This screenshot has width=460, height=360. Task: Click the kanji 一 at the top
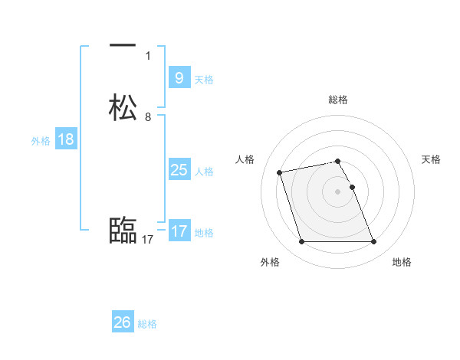pyautogui.click(x=123, y=45)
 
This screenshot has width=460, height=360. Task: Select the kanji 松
pyautogui.click(x=123, y=107)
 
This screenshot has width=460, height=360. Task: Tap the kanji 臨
pyautogui.click(x=123, y=230)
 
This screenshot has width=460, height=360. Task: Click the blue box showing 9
pyautogui.click(x=179, y=77)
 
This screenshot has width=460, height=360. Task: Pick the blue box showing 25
pyautogui.click(x=179, y=170)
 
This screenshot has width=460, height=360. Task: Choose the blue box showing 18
pyautogui.click(x=65, y=139)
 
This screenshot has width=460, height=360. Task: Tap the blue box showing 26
pyautogui.click(x=123, y=322)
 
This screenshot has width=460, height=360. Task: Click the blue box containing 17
pyautogui.click(x=179, y=231)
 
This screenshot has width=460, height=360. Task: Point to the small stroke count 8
pyautogui.click(x=148, y=117)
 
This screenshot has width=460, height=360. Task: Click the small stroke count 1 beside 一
pyautogui.click(x=148, y=55)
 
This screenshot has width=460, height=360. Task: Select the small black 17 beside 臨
pyautogui.click(x=148, y=240)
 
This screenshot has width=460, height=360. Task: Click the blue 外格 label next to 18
pyautogui.click(x=41, y=141)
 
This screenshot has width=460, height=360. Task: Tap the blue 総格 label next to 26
pyautogui.click(x=147, y=324)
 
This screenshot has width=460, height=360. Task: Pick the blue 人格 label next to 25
pyautogui.click(x=204, y=172)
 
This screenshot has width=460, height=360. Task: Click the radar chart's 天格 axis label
pyautogui.click(x=431, y=159)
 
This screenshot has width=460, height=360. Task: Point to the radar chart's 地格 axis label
pyautogui.click(x=402, y=262)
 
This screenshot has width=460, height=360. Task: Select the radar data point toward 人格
pyautogui.click(x=280, y=172)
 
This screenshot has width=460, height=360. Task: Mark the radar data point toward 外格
pyautogui.click(x=301, y=242)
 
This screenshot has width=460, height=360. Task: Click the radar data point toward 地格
pyautogui.click(x=373, y=242)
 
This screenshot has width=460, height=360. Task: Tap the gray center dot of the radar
pyautogui.click(x=337, y=191)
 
